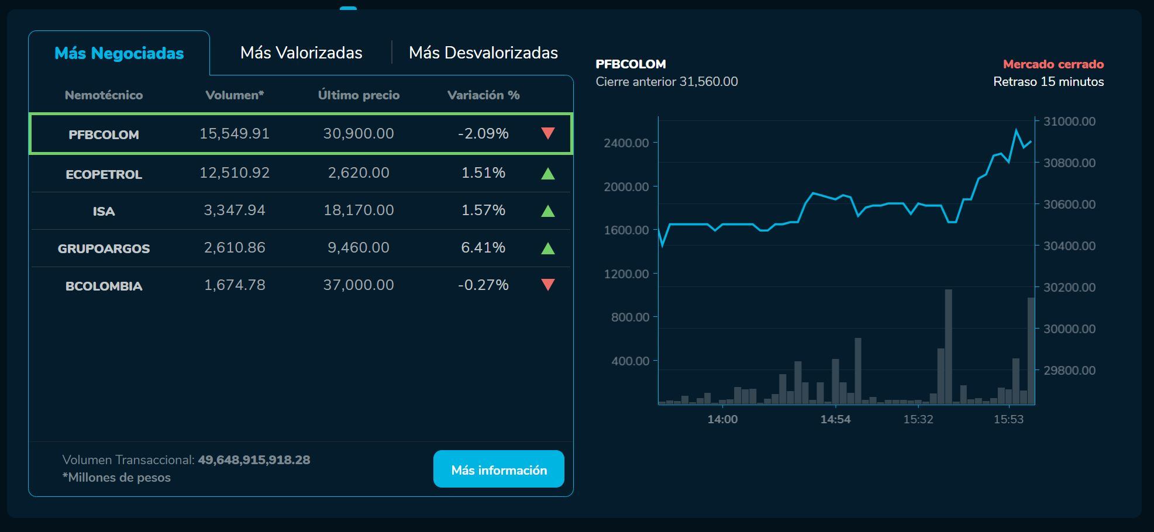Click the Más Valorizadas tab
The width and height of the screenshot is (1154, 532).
click(301, 53)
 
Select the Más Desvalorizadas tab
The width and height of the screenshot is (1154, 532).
click(483, 53)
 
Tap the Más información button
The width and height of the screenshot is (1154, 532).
click(498, 469)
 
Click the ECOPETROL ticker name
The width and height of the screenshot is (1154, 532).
click(104, 174)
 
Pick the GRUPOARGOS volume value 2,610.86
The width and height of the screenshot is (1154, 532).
click(235, 247)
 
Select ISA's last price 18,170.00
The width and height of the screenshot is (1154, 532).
click(359, 210)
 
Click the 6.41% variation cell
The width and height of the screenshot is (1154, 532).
click(483, 247)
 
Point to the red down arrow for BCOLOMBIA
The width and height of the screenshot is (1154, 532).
click(547, 285)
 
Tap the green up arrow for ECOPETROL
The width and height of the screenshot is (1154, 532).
click(547, 174)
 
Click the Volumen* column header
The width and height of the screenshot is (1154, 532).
click(235, 95)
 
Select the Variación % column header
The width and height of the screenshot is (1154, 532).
click(483, 95)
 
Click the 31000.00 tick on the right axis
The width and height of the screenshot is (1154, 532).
click(1069, 122)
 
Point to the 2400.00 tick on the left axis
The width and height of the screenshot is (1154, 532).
click(626, 143)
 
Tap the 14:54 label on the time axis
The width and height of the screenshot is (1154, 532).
click(835, 419)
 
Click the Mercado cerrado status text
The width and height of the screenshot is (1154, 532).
click(1053, 64)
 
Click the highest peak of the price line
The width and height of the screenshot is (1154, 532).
click(1016, 130)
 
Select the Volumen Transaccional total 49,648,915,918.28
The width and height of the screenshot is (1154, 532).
click(254, 460)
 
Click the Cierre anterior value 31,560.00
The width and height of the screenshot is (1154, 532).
click(708, 82)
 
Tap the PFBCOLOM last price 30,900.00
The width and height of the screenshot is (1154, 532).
click(359, 133)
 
